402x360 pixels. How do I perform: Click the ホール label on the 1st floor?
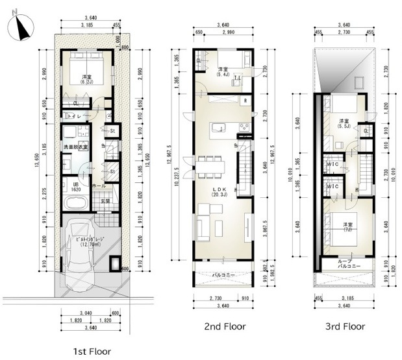[99, 185]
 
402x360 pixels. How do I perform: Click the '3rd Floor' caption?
[345, 326]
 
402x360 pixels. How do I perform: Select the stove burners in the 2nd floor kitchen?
[245, 125]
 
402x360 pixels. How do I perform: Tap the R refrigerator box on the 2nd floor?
[245, 101]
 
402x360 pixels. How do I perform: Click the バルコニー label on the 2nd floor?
[223, 276]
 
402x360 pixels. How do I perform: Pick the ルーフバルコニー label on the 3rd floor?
[345, 264]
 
